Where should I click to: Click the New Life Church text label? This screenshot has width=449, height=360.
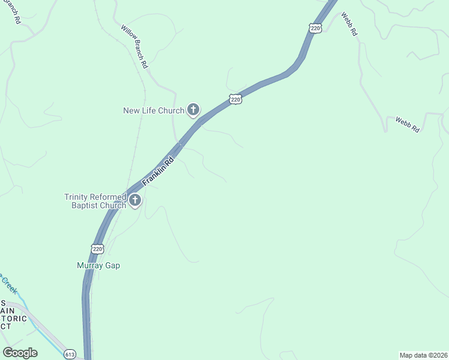click(153, 110)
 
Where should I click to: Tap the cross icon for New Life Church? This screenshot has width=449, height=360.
click(193, 109)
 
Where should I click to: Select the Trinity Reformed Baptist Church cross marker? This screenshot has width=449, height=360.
click(135, 200)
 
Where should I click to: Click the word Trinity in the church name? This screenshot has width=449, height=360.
click(79, 197)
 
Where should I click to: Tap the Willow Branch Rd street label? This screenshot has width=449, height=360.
click(134, 46)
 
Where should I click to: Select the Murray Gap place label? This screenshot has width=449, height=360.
click(98, 265)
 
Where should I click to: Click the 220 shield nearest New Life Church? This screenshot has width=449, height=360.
click(235, 99)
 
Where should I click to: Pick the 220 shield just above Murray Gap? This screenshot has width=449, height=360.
click(98, 248)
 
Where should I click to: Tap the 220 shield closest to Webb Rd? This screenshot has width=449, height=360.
click(316, 28)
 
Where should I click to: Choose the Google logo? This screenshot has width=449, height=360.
click(20, 353)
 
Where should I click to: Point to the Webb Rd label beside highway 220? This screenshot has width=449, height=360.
click(349, 24)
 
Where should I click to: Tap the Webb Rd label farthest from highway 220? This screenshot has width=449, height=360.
click(407, 125)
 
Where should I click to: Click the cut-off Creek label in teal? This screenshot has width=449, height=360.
click(8, 281)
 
